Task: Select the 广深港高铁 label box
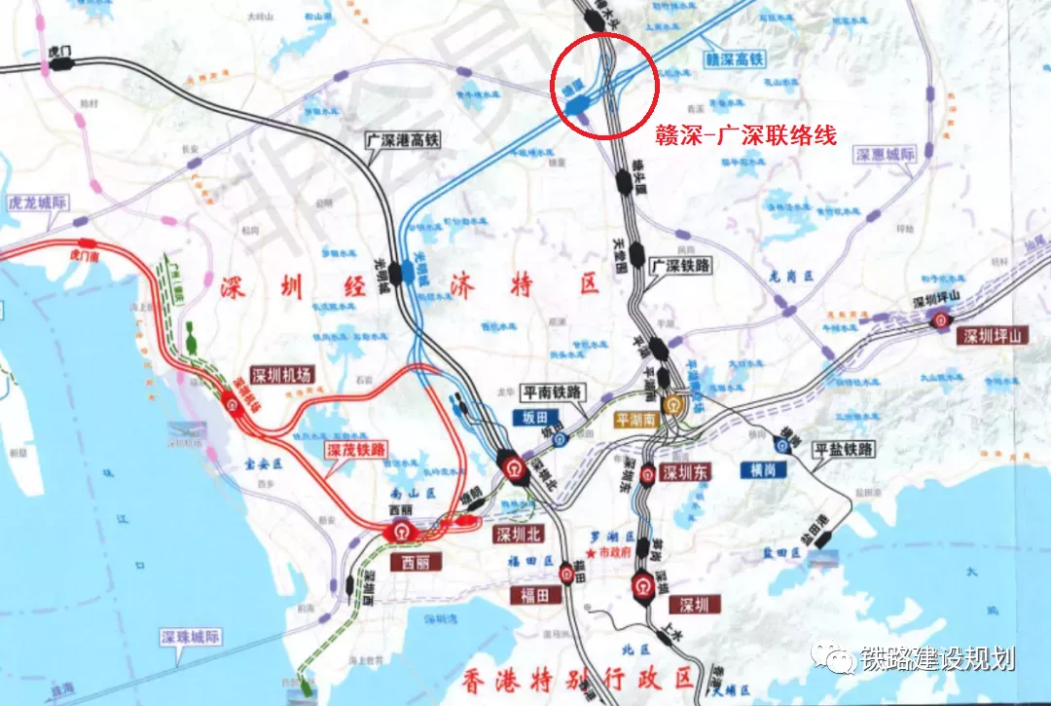pyautogui.click(x=403, y=140)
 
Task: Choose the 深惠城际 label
pyautogui.click(x=886, y=155)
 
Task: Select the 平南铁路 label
pyautogui.click(x=552, y=391)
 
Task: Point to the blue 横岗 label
pyautogui.click(x=762, y=469)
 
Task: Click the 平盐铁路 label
pyautogui.click(x=844, y=449)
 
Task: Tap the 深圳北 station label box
pyautogui.click(x=517, y=534)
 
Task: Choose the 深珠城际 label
pyautogui.click(x=191, y=638)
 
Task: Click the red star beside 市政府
pyautogui.click(x=590, y=552)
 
